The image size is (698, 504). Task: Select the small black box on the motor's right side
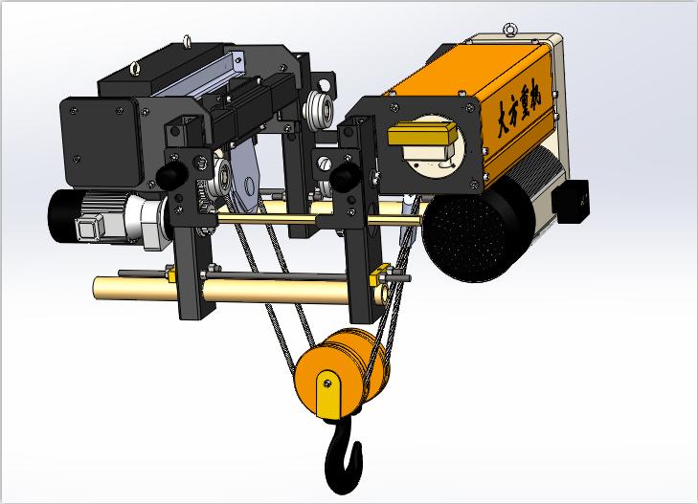click(578, 200)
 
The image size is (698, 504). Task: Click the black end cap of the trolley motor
click(62, 214)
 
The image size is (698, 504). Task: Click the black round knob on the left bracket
click(172, 176)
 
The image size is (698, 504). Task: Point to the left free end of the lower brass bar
click(100, 286)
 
